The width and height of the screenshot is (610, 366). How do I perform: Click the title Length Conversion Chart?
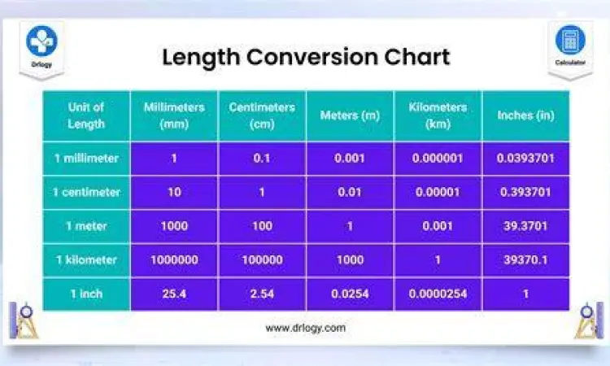pyautogui.click(x=305, y=58)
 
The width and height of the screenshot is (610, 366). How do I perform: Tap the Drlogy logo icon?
pyautogui.click(x=41, y=42)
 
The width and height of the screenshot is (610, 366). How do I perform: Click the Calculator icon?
pyautogui.click(x=569, y=40)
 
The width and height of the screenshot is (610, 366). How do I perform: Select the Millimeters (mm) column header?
pyautogui.click(x=174, y=115)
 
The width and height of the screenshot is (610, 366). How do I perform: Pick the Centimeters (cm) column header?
pyautogui.click(x=262, y=115)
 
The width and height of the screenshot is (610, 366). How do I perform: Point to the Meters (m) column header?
pyautogui.click(x=350, y=115)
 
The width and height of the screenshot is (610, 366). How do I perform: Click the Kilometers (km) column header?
pyautogui.click(x=438, y=115)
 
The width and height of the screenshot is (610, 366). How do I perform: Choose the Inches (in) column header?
pyautogui.click(x=525, y=115)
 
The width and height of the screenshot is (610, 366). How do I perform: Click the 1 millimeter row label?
pyautogui.click(x=86, y=158)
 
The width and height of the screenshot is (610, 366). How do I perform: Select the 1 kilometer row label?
pyautogui.click(x=86, y=260)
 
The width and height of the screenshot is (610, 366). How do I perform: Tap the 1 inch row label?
pyautogui.click(x=86, y=294)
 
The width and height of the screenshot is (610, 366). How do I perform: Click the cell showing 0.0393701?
pyautogui.click(x=525, y=158)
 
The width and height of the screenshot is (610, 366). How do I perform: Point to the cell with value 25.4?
pyautogui.click(x=174, y=294)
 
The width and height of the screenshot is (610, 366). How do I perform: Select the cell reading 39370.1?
pyautogui.click(x=525, y=260)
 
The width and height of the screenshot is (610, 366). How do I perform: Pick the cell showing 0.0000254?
pyautogui.click(x=438, y=294)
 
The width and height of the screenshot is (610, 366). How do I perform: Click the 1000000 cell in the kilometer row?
pyautogui.click(x=174, y=260)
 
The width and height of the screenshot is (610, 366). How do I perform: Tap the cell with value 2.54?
pyautogui.click(x=262, y=294)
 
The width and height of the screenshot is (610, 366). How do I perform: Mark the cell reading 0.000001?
pyautogui.click(x=438, y=158)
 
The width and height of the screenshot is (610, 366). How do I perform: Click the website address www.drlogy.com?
pyautogui.click(x=305, y=328)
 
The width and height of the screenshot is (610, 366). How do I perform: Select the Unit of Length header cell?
pyautogui.click(x=86, y=115)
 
